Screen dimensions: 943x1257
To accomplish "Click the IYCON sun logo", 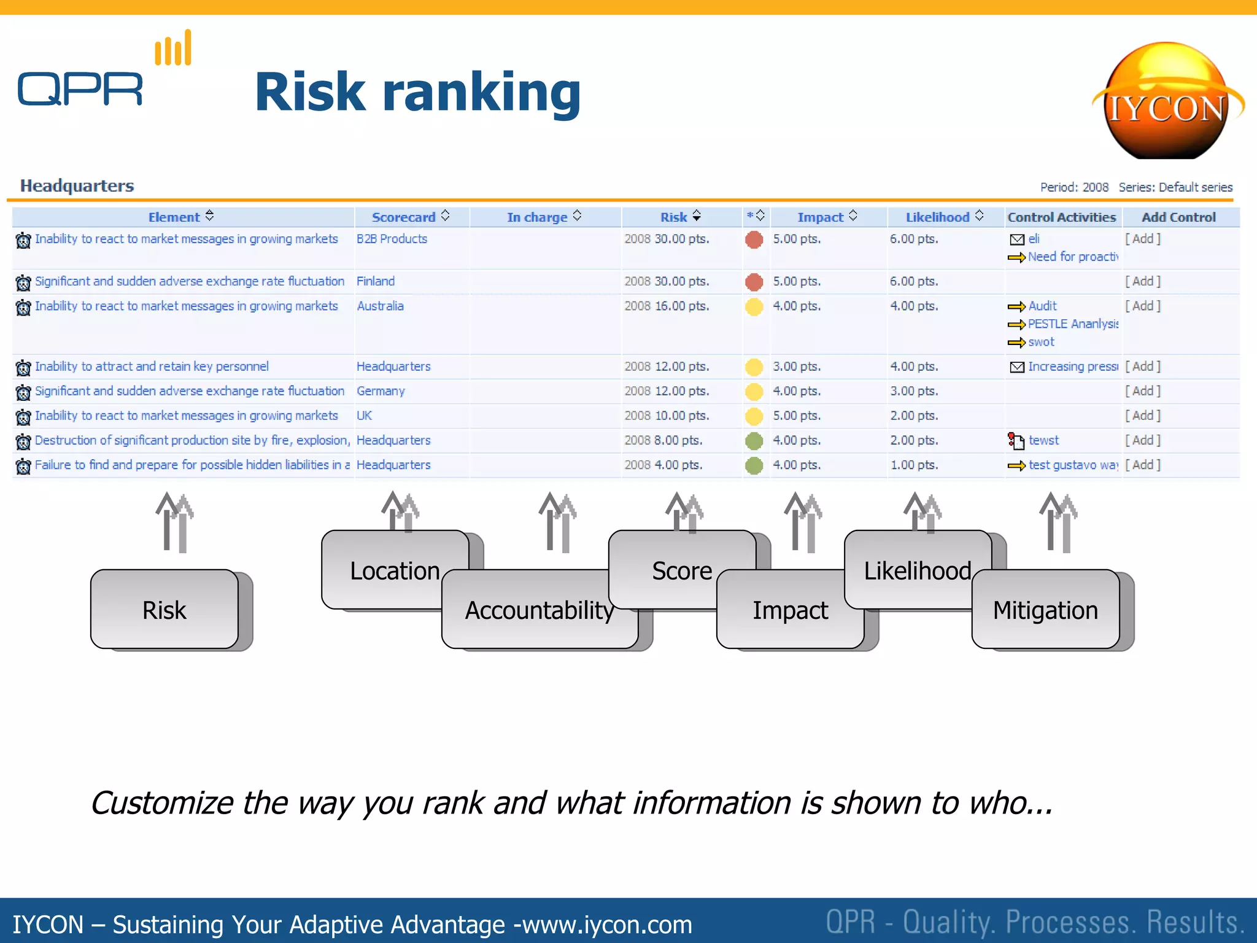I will click(x=1167, y=101).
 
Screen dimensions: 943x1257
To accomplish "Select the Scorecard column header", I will click(x=403, y=217).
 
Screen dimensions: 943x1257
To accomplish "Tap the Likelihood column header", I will click(x=937, y=217).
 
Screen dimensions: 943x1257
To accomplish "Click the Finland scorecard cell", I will click(x=376, y=281).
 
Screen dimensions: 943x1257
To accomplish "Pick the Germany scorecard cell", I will click(x=381, y=391).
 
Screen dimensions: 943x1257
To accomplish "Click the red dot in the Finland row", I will click(x=754, y=282).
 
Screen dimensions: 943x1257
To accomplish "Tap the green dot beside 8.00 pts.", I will click(x=754, y=441).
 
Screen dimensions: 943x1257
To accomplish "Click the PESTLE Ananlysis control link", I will click(x=1073, y=324).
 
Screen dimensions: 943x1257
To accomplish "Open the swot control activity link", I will click(x=1041, y=342).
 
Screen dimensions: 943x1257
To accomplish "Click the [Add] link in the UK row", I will click(x=1142, y=416).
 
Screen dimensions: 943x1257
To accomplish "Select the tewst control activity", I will click(x=1043, y=440).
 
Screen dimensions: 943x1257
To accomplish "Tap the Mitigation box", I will click(x=1045, y=610).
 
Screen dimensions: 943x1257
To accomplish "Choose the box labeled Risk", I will click(x=164, y=610).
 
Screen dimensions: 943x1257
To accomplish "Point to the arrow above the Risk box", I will click(x=174, y=522).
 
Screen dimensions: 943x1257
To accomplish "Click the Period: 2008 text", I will click(x=1074, y=187).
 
